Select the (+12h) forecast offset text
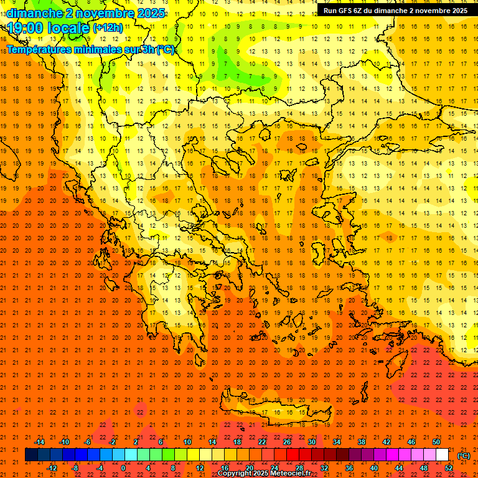[x=108, y=28]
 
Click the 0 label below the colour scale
[x=123, y=468]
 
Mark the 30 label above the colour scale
[x=311, y=442]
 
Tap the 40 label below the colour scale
[x=374, y=468]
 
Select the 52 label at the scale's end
[x=448, y=468]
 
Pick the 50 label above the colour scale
[x=436, y=442]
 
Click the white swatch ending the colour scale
[x=442, y=455]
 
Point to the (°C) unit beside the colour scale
[x=464, y=456]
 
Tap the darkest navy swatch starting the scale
[x=32, y=455]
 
